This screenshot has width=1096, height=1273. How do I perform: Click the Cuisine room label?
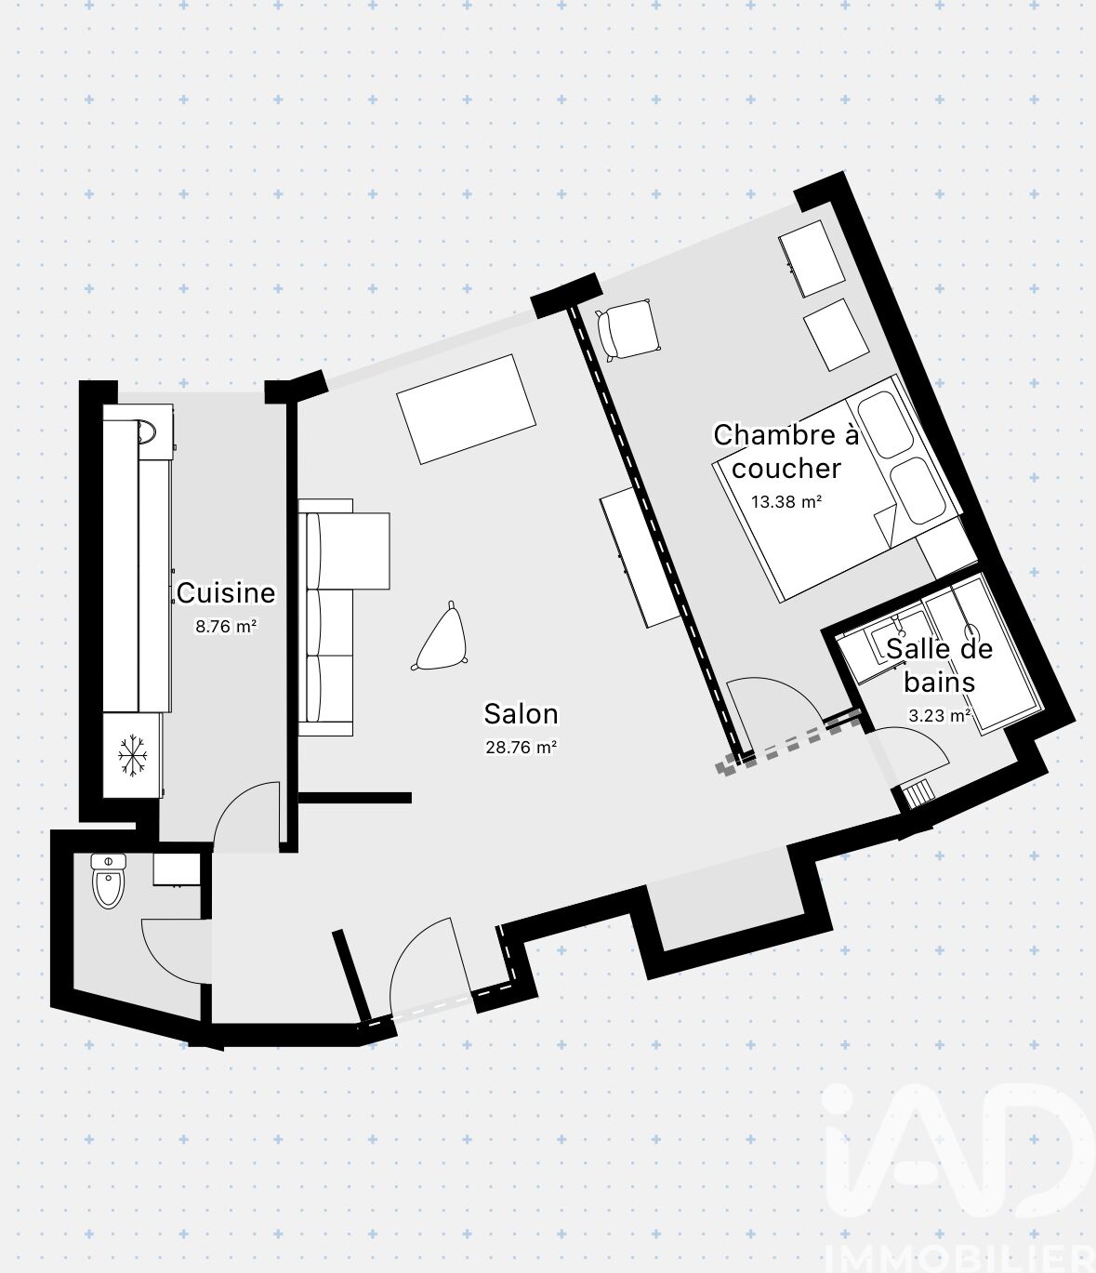pos(225,593)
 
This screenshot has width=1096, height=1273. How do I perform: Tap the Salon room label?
pos(521,714)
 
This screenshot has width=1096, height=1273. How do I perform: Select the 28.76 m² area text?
pos(522,748)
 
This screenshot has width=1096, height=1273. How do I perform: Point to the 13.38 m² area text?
pos(786,502)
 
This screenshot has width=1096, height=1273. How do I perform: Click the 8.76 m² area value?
pos(225,627)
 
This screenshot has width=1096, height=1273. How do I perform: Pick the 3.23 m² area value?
pos(940,716)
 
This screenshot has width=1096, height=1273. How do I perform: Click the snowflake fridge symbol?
pos(133,754)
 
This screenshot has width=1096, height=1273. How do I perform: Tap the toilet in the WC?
pos(109,880)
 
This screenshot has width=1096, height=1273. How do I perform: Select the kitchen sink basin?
pos(146,431)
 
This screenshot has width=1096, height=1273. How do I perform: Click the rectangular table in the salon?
pos(466,409)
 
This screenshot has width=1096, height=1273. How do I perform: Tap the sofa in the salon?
pos(344,617)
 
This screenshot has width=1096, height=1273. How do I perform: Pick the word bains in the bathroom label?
pos(940,683)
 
